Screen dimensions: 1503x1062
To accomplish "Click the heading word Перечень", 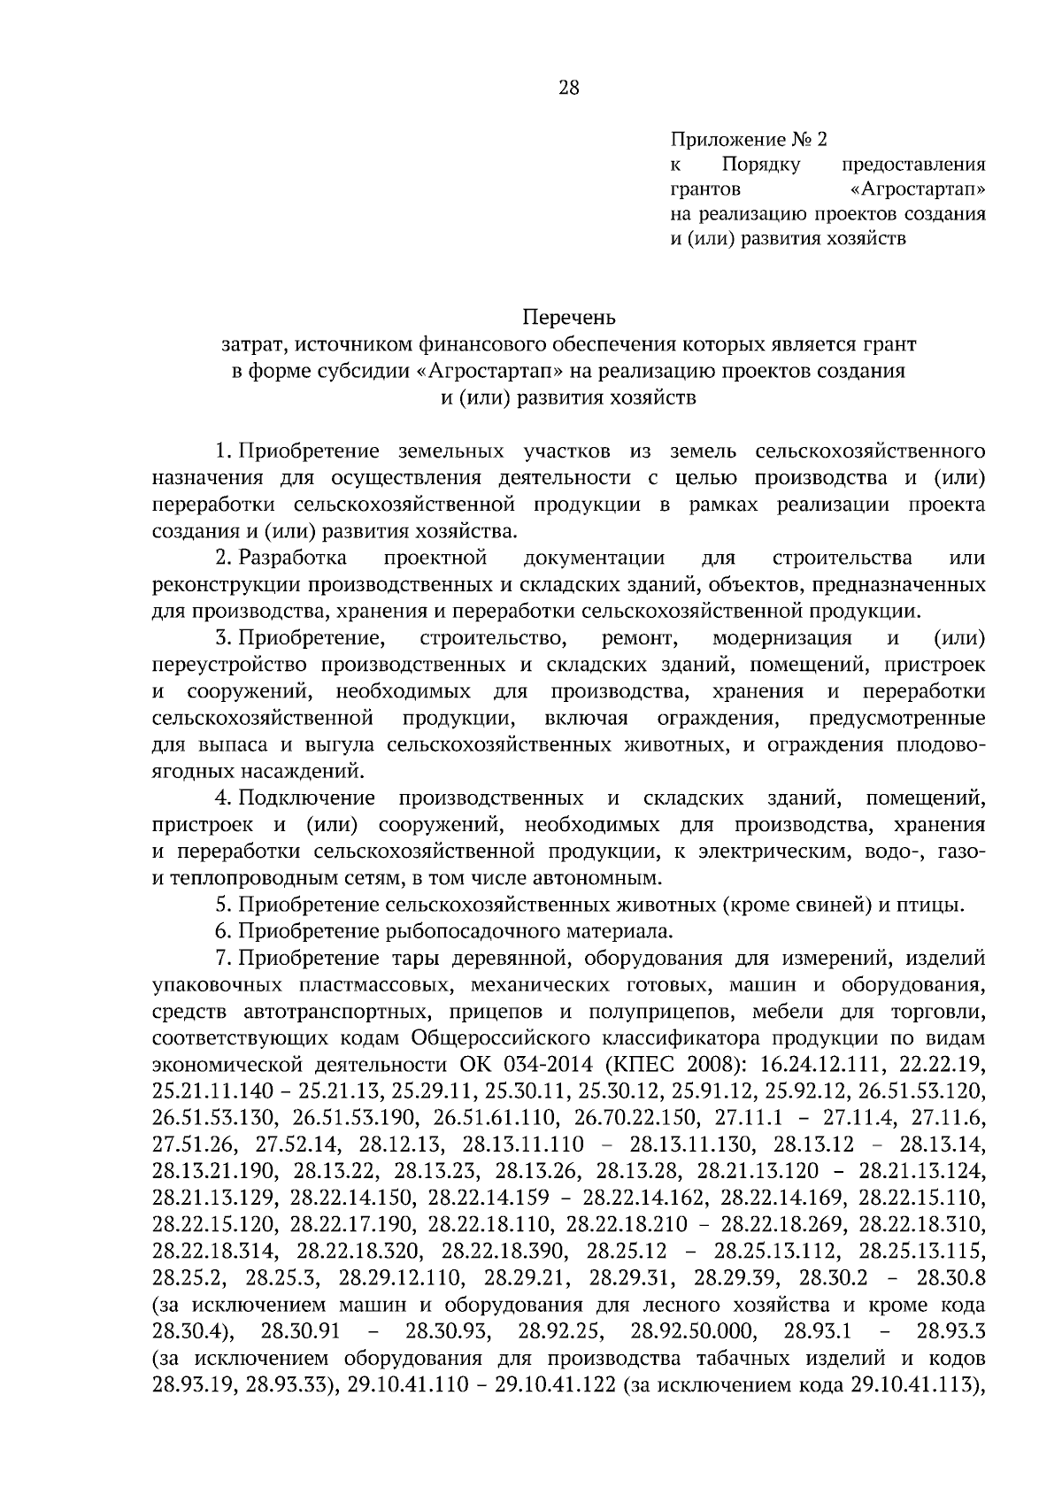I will point(568,317).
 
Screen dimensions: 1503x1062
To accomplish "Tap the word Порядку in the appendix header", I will point(761,164).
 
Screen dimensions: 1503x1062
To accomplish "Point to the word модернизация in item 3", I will point(781,638).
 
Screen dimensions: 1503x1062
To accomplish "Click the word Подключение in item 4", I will point(307,798).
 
